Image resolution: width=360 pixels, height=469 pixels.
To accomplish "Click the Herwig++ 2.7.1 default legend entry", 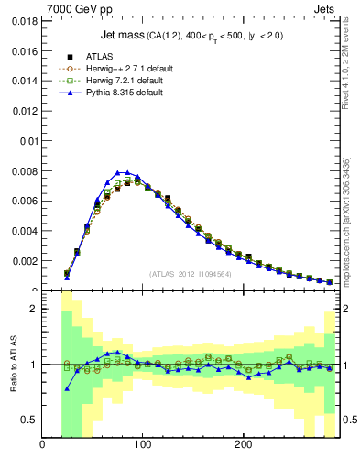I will click(124, 69).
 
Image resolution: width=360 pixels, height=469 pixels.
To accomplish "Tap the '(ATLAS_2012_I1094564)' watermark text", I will click(191, 274).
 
